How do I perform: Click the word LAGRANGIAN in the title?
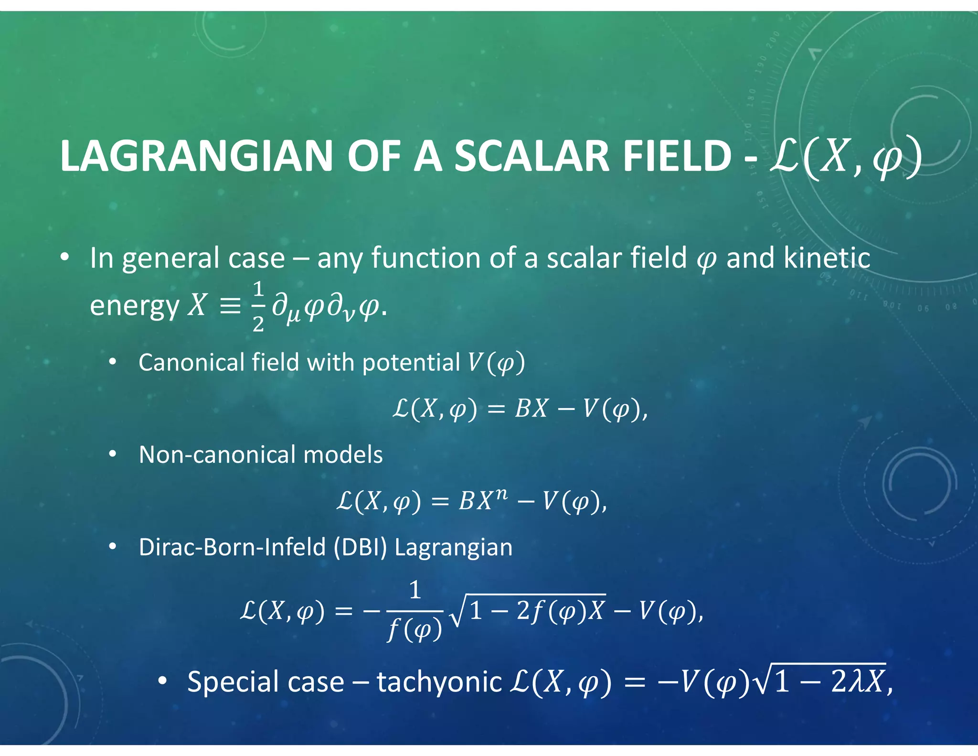196,156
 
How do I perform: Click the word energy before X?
134,306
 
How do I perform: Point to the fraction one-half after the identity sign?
258,306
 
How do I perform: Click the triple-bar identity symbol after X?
230,306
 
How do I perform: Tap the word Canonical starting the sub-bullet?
191,362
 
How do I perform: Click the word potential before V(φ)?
411,362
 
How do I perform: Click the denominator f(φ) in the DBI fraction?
415,630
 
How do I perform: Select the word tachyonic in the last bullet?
439,682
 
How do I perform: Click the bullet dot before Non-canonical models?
112,454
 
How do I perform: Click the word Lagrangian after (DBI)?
453,547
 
